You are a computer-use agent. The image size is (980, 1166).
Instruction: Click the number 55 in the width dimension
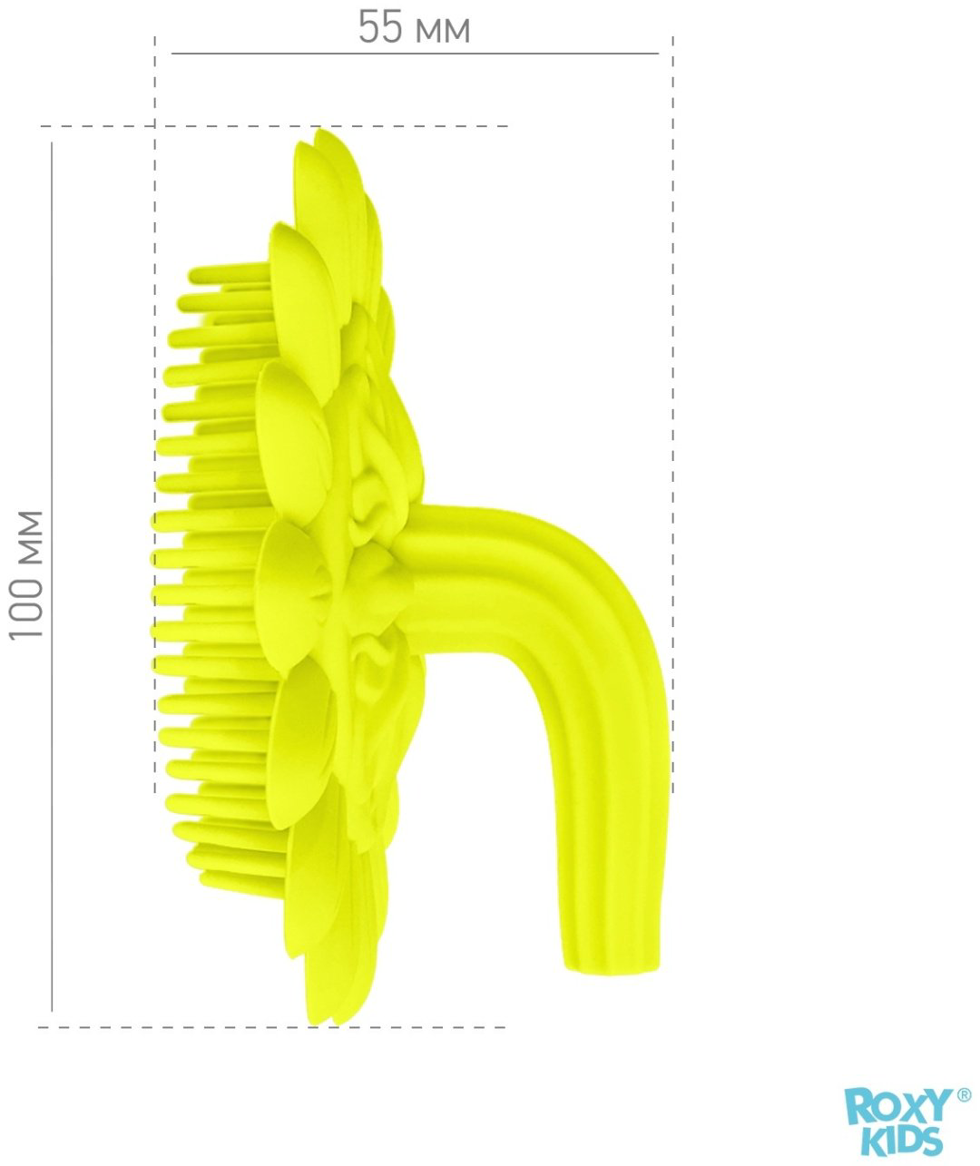[x=379, y=27]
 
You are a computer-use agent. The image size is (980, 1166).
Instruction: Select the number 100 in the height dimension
[x=26, y=603]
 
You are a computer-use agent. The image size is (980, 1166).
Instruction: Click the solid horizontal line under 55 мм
[x=415, y=54]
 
